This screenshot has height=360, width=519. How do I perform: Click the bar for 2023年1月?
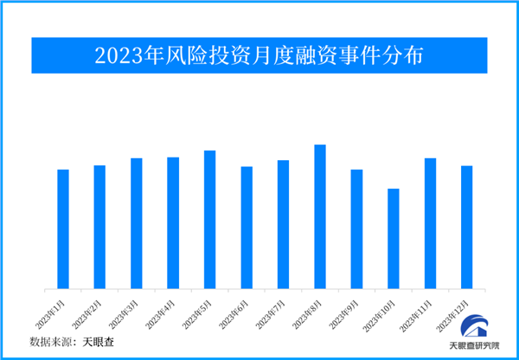click(63, 229)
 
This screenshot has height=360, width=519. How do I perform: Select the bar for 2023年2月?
click(99, 227)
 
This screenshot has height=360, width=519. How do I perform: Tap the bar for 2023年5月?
click(209, 220)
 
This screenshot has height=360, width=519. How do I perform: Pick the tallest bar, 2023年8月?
click(320, 216)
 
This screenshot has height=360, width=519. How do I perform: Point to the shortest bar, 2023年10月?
click(394, 239)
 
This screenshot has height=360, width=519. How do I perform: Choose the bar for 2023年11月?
click(430, 223)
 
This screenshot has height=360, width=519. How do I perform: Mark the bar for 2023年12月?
click(467, 227)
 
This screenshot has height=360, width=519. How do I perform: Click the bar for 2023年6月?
click(247, 228)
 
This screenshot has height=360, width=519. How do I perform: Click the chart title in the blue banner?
click(259, 56)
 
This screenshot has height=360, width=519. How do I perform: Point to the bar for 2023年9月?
click(356, 229)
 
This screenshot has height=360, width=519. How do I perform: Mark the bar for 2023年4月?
click(173, 223)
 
